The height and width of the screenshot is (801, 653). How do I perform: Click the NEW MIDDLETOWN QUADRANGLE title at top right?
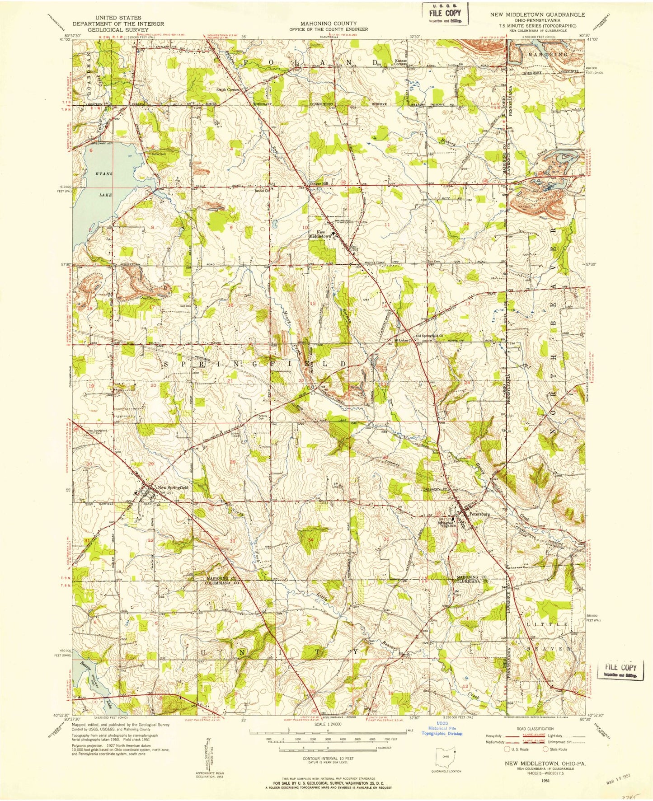tap(537, 14)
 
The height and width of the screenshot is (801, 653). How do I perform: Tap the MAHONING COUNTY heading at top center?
tap(329, 23)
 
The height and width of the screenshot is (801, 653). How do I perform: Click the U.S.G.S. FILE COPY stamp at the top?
tap(445, 13)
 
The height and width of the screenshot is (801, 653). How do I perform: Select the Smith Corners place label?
tap(227, 89)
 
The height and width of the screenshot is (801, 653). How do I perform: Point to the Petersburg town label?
tap(480, 514)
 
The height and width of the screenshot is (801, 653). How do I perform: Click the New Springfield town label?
tap(173, 487)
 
